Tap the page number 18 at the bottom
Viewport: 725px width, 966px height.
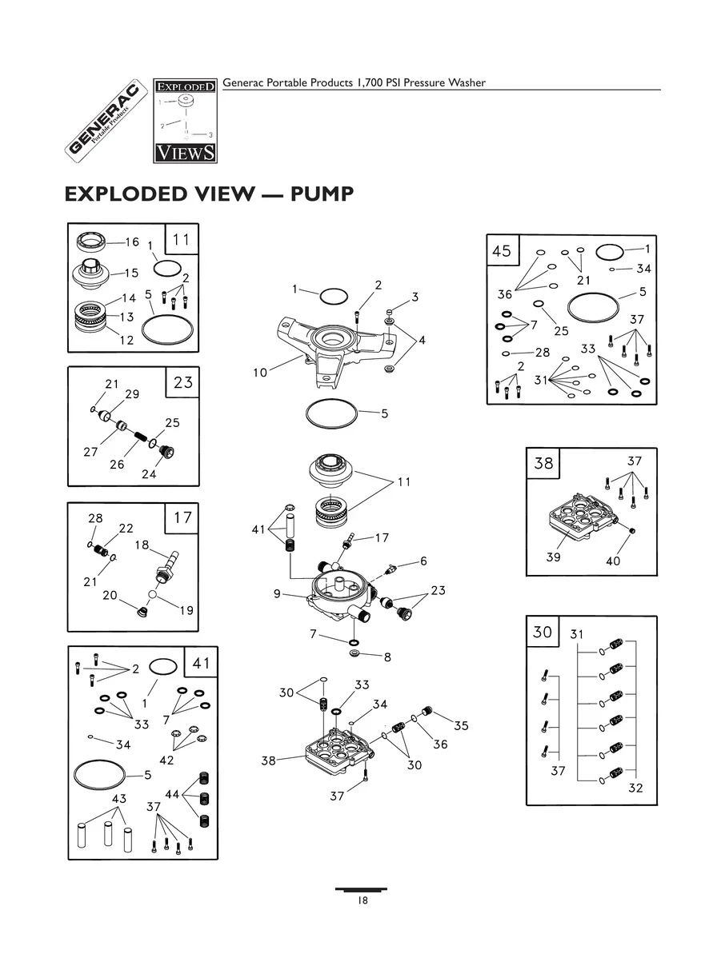[362, 900]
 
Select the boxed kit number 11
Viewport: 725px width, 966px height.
[182, 238]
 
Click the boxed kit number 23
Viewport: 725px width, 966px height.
[183, 382]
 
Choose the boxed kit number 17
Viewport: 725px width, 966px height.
[182, 517]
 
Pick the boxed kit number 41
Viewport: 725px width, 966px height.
[200, 662]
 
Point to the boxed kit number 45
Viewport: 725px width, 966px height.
[502, 251]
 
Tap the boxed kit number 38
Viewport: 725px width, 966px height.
[543, 463]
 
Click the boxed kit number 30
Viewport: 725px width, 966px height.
[542, 632]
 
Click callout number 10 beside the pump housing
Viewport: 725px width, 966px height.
[260, 373]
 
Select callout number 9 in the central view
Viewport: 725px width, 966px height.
[277, 593]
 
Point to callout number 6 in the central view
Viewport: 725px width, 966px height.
[423, 561]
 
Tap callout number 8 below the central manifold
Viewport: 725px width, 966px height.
[387, 657]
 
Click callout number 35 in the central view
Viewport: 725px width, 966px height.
[461, 725]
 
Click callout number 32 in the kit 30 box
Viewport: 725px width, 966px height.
[636, 788]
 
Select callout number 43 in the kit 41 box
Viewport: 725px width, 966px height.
[118, 799]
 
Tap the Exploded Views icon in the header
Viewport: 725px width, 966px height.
[185, 119]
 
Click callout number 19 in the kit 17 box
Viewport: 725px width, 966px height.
[186, 610]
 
